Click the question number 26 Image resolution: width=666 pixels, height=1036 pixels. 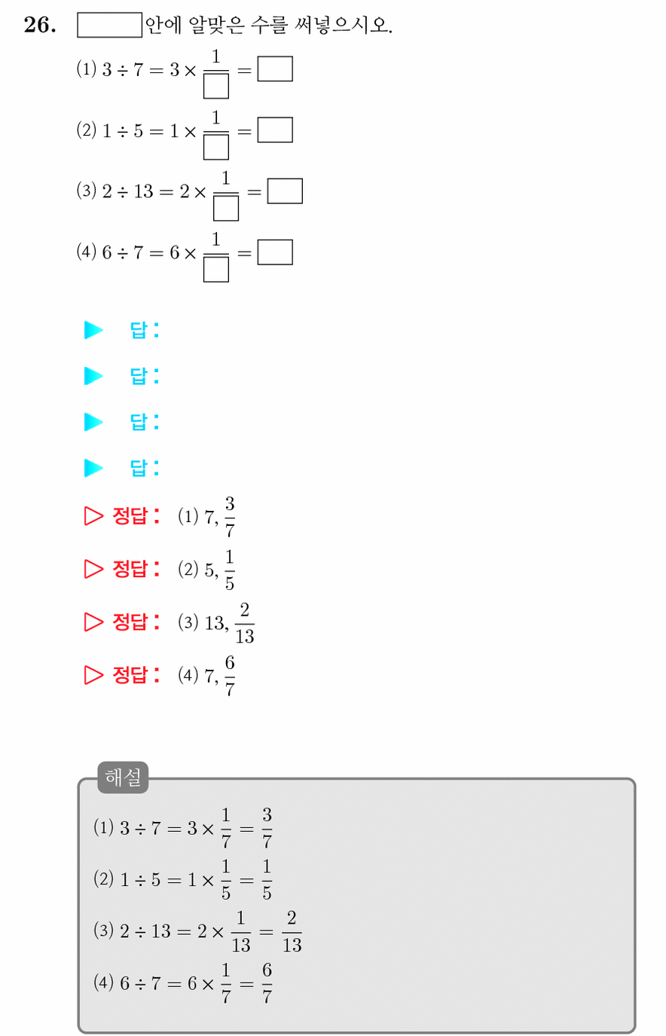[x=40, y=25]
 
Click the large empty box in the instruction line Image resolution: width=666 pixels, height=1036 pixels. [x=109, y=25]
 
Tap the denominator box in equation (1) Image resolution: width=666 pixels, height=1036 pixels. [x=216, y=86]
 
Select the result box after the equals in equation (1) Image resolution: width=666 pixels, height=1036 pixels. [x=275, y=69]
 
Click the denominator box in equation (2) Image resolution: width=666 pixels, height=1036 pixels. [x=216, y=147]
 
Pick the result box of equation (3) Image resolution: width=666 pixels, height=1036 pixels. [x=285, y=191]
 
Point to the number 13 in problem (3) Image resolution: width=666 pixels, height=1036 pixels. [x=143, y=191]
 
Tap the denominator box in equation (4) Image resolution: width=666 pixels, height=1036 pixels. [x=216, y=269]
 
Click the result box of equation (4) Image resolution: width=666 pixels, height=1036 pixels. [x=275, y=252]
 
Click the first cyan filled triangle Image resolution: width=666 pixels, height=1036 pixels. [x=93, y=330]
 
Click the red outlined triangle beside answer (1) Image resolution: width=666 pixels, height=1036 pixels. [x=93, y=516]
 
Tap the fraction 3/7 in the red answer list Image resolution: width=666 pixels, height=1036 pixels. [x=230, y=517]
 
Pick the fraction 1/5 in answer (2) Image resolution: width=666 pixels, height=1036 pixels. [x=230, y=570]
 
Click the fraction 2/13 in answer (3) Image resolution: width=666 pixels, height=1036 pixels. [x=245, y=623]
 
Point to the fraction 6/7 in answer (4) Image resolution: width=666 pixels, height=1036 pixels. [x=230, y=676]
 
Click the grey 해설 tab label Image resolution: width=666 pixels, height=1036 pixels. [x=123, y=777]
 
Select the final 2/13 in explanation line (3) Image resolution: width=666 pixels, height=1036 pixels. [x=292, y=931]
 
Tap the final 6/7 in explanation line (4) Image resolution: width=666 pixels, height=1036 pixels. [x=267, y=983]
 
